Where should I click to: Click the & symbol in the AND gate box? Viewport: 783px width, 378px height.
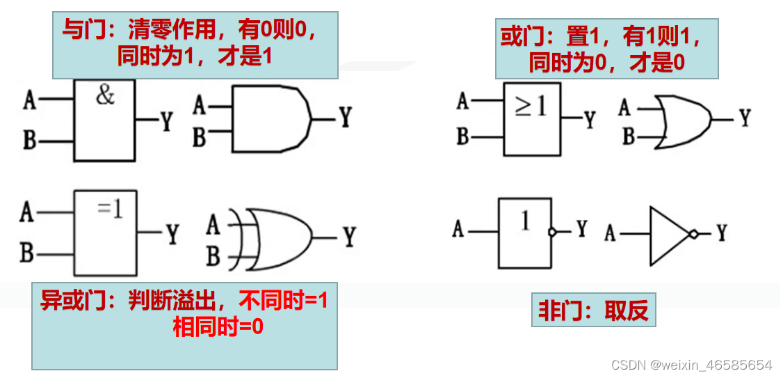105,96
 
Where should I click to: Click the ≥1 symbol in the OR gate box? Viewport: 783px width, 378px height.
531,107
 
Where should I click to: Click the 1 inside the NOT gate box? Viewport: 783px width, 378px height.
525,221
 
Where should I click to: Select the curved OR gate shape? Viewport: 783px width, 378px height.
685,120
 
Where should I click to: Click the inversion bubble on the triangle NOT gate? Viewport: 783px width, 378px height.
693,235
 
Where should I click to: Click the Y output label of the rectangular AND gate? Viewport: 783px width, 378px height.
166,123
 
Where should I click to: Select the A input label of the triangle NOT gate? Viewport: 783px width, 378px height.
610,233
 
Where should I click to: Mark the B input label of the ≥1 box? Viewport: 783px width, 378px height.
462,136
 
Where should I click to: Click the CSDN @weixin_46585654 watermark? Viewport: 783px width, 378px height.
691,365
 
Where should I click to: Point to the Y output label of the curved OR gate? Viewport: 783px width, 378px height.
745,118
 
